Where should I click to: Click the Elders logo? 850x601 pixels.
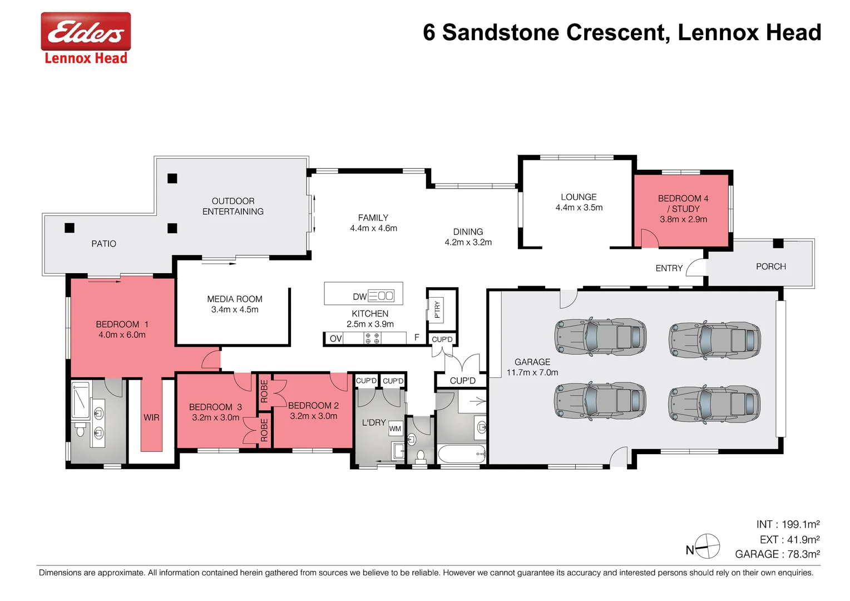(x=86, y=32)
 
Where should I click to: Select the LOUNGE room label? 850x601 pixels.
(x=579, y=197)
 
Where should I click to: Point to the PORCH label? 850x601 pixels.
(x=770, y=267)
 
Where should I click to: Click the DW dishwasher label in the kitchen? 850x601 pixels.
(x=359, y=297)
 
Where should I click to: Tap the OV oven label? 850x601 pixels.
(x=335, y=338)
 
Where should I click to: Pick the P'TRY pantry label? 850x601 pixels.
(x=437, y=309)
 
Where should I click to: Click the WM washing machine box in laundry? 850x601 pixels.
(x=395, y=428)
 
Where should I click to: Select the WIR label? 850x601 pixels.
(x=151, y=417)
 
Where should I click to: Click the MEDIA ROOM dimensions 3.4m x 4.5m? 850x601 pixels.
(x=235, y=309)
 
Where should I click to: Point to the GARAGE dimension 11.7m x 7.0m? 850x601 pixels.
(x=532, y=372)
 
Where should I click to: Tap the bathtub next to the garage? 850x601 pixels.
(x=462, y=454)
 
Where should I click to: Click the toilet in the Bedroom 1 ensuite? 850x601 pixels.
(x=80, y=430)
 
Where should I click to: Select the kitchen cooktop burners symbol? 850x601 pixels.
(x=372, y=338)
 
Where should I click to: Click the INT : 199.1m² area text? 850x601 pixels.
(x=788, y=524)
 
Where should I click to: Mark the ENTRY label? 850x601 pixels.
(x=669, y=268)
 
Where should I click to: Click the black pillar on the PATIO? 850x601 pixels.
(x=70, y=228)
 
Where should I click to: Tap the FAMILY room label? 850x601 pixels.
(x=373, y=218)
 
